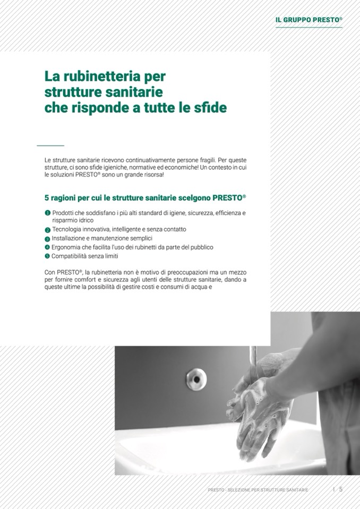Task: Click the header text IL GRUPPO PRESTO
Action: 308,20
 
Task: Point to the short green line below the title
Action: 50,145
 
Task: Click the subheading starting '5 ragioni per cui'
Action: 145,197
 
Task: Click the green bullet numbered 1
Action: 47,213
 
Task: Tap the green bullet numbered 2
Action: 47,230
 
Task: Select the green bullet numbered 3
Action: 47,239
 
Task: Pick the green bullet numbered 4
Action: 47,247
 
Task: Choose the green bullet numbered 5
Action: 47,256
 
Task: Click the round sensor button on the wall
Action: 196,379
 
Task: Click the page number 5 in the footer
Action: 341,489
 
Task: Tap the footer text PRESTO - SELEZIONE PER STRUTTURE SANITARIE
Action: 258,490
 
